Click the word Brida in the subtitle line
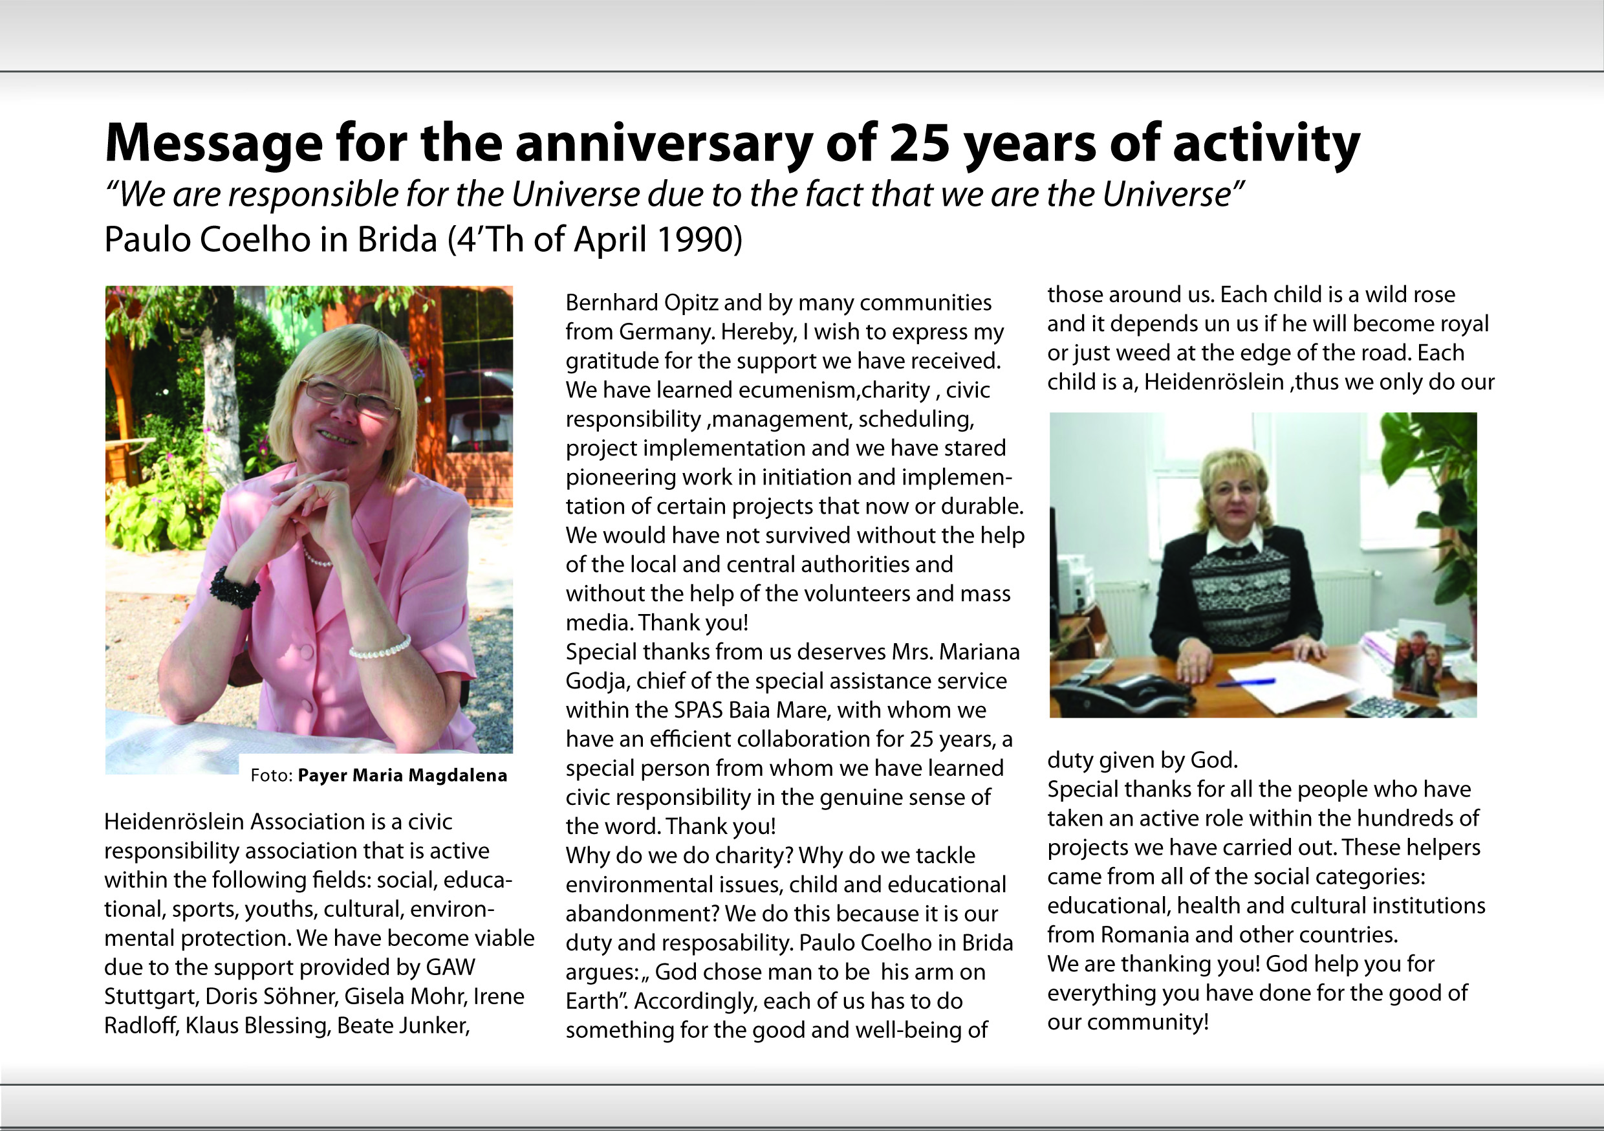coord(397,240)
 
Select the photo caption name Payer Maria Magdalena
coord(402,775)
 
